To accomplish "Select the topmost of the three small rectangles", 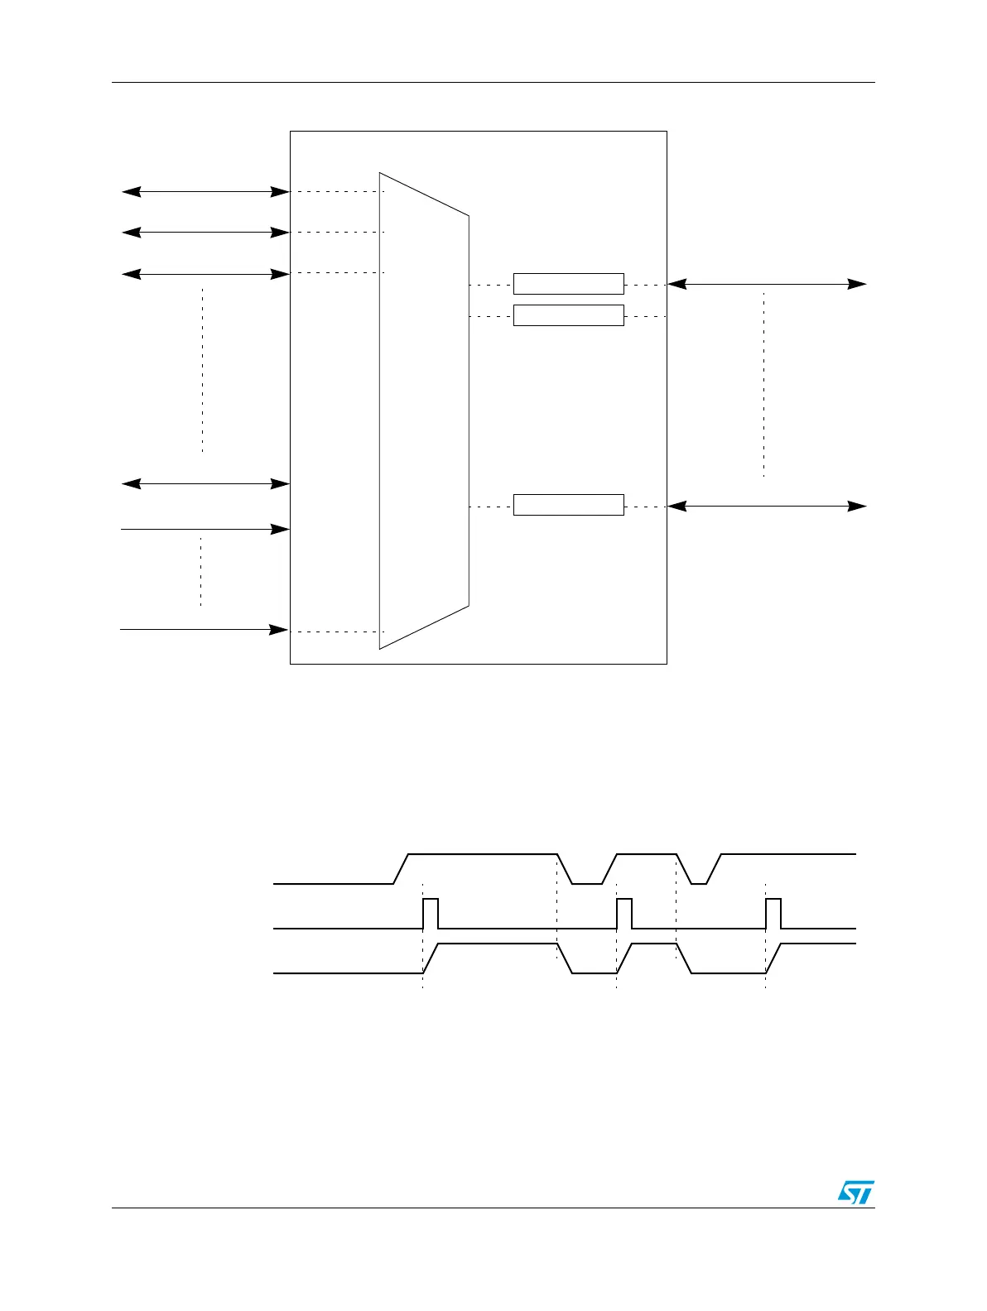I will coord(568,283).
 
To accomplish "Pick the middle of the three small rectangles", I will coord(568,315).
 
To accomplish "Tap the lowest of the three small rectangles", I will coord(568,505).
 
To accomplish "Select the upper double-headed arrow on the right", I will coord(767,285).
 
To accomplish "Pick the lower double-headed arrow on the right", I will coord(767,506).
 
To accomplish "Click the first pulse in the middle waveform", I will coord(431,913).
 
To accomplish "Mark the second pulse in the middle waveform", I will coord(624,913).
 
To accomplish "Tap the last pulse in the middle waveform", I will coord(773,913).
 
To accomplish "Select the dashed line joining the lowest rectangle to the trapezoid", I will coord(491,507).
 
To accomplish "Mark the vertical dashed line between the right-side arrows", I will coord(763,385).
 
